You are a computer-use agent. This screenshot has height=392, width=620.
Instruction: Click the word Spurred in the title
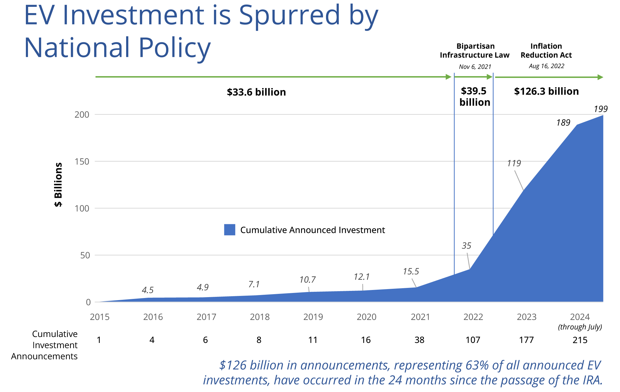(289, 15)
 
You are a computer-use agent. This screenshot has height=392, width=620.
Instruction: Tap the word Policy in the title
(175, 48)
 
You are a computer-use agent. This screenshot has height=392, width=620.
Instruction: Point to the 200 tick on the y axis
(82, 115)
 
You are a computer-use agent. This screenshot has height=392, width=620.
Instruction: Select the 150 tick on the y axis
(82, 162)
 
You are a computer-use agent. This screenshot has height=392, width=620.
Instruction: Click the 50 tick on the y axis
(85, 255)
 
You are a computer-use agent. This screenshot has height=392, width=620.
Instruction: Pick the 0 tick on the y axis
(88, 302)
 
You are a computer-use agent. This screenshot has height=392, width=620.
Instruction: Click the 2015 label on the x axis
(100, 317)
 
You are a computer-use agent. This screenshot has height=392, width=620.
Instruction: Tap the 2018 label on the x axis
(260, 317)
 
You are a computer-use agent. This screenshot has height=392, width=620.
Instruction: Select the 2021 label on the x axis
(420, 317)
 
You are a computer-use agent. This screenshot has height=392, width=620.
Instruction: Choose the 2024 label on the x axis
(580, 317)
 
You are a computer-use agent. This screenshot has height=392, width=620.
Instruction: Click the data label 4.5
(148, 290)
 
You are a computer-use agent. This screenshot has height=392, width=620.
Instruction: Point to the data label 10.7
(307, 280)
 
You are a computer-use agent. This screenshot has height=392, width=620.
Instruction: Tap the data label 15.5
(411, 272)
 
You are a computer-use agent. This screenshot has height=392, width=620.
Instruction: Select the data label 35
(466, 246)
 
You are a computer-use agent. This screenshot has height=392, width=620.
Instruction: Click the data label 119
(514, 163)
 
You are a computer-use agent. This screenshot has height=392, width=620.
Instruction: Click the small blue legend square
(230, 230)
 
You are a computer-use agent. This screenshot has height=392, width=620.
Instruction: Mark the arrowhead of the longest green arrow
(449, 77)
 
